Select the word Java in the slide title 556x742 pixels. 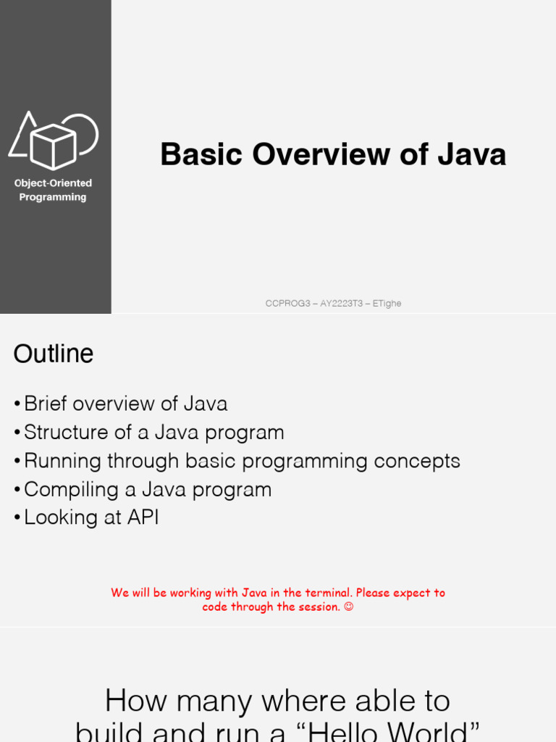[471, 154]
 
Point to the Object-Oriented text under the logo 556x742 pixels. [53, 183]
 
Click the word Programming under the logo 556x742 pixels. [53, 197]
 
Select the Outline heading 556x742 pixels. [53, 354]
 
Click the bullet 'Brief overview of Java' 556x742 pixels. [125, 404]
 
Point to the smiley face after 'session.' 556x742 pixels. [348, 607]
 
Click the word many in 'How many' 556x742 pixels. [215, 701]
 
